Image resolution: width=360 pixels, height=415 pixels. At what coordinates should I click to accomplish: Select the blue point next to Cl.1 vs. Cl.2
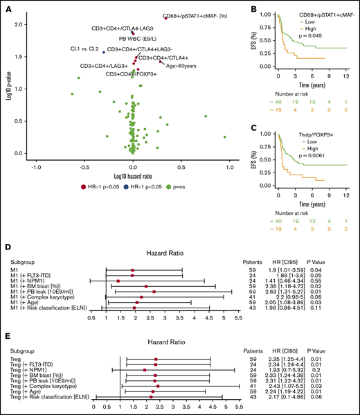(x=104, y=52)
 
